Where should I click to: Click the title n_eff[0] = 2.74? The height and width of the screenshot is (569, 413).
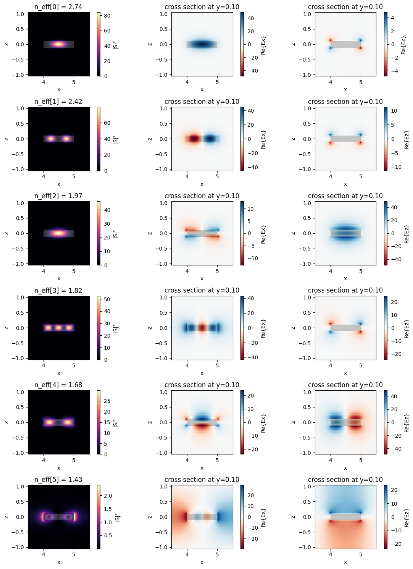click(58, 7)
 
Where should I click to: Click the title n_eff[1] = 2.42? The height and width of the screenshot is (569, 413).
click(58, 102)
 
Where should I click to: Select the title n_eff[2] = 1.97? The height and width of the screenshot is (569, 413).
click(58, 196)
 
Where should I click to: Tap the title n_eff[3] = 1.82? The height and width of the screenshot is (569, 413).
click(58, 291)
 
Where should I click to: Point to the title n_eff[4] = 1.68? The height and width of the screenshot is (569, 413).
click(58, 385)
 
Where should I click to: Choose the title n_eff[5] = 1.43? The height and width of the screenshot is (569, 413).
click(58, 480)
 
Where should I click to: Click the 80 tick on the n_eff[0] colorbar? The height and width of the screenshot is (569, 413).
click(107, 16)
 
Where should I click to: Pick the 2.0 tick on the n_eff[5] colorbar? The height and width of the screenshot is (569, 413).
click(108, 496)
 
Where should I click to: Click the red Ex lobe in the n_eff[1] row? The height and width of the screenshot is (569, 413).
click(194, 139)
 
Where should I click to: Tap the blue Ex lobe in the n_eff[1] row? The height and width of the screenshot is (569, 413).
click(210, 139)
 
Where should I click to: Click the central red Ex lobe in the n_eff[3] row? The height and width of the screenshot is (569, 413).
click(202, 328)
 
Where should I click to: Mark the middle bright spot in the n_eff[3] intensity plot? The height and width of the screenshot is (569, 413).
click(58, 328)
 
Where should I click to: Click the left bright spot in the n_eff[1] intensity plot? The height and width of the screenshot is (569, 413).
click(51, 139)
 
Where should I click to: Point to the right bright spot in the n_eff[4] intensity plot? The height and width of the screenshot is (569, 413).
click(68, 422)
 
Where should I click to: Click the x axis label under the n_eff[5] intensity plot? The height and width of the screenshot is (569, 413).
click(58, 562)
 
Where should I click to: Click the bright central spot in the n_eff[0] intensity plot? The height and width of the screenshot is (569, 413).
click(58, 44)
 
